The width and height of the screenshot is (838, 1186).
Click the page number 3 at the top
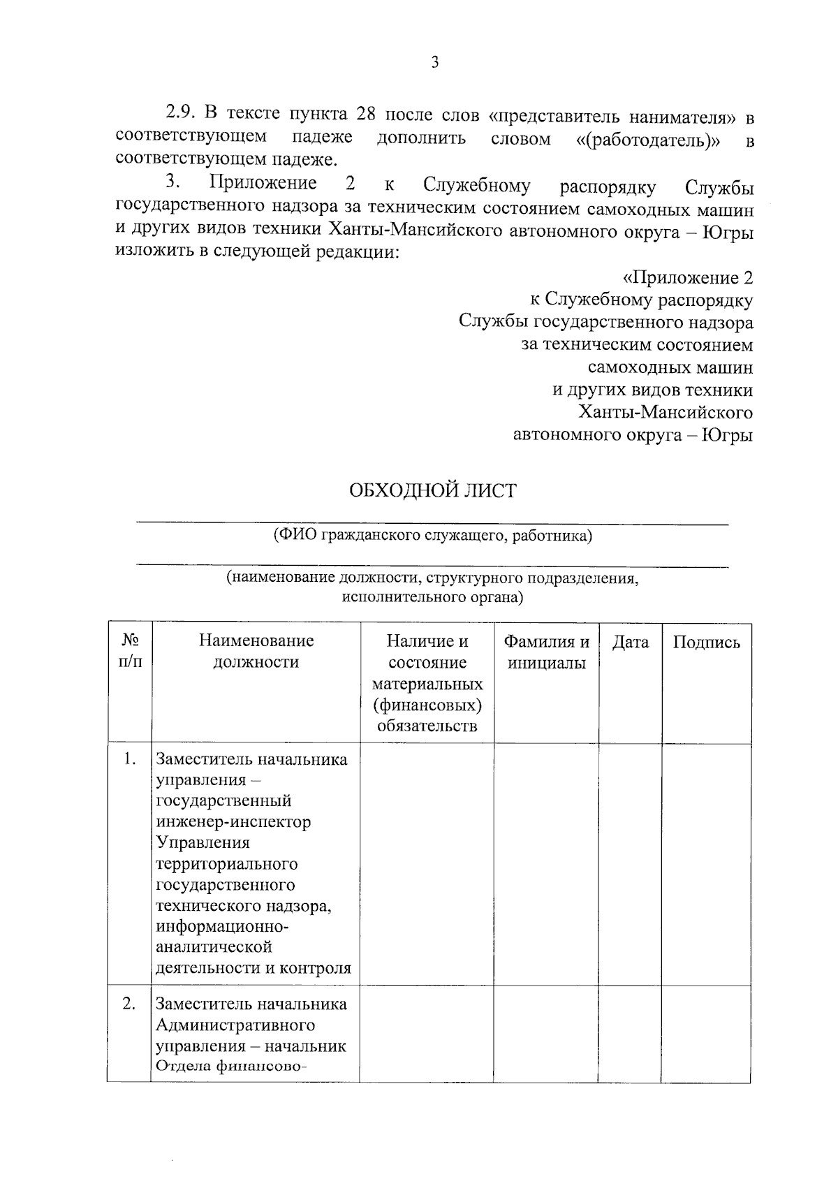pyautogui.click(x=434, y=63)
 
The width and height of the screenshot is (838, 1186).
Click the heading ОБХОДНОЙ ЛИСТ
pyautogui.click(x=432, y=490)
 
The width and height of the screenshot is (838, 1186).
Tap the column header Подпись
pyautogui.click(x=706, y=643)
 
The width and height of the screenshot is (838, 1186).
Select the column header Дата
pyautogui.click(x=630, y=643)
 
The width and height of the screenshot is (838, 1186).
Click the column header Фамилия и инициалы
pyautogui.click(x=546, y=652)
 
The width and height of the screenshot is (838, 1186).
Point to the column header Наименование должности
pyautogui.click(x=256, y=651)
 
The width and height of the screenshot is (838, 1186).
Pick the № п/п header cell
pyautogui.click(x=130, y=651)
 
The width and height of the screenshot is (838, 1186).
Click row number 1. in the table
pyautogui.click(x=129, y=759)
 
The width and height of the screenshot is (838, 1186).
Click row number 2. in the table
pyautogui.click(x=129, y=1004)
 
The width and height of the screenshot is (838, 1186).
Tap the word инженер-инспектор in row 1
pyautogui.click(x=233, y=821)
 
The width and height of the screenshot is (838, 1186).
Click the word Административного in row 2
pyautogui.click(x=235, y=1025)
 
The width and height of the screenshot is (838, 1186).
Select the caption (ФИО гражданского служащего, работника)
pyautogui.click(x=432, y=536)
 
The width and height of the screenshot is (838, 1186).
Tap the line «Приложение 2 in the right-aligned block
pyautogui.click(x=687, y=278)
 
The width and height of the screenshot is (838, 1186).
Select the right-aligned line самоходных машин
pyautogui.click(x=670, y=367)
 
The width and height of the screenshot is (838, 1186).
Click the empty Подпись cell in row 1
pyautogui.click(x=706, y=864)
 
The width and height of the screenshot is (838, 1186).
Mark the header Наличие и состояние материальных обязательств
pyautogui.click(x=427, y=683)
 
